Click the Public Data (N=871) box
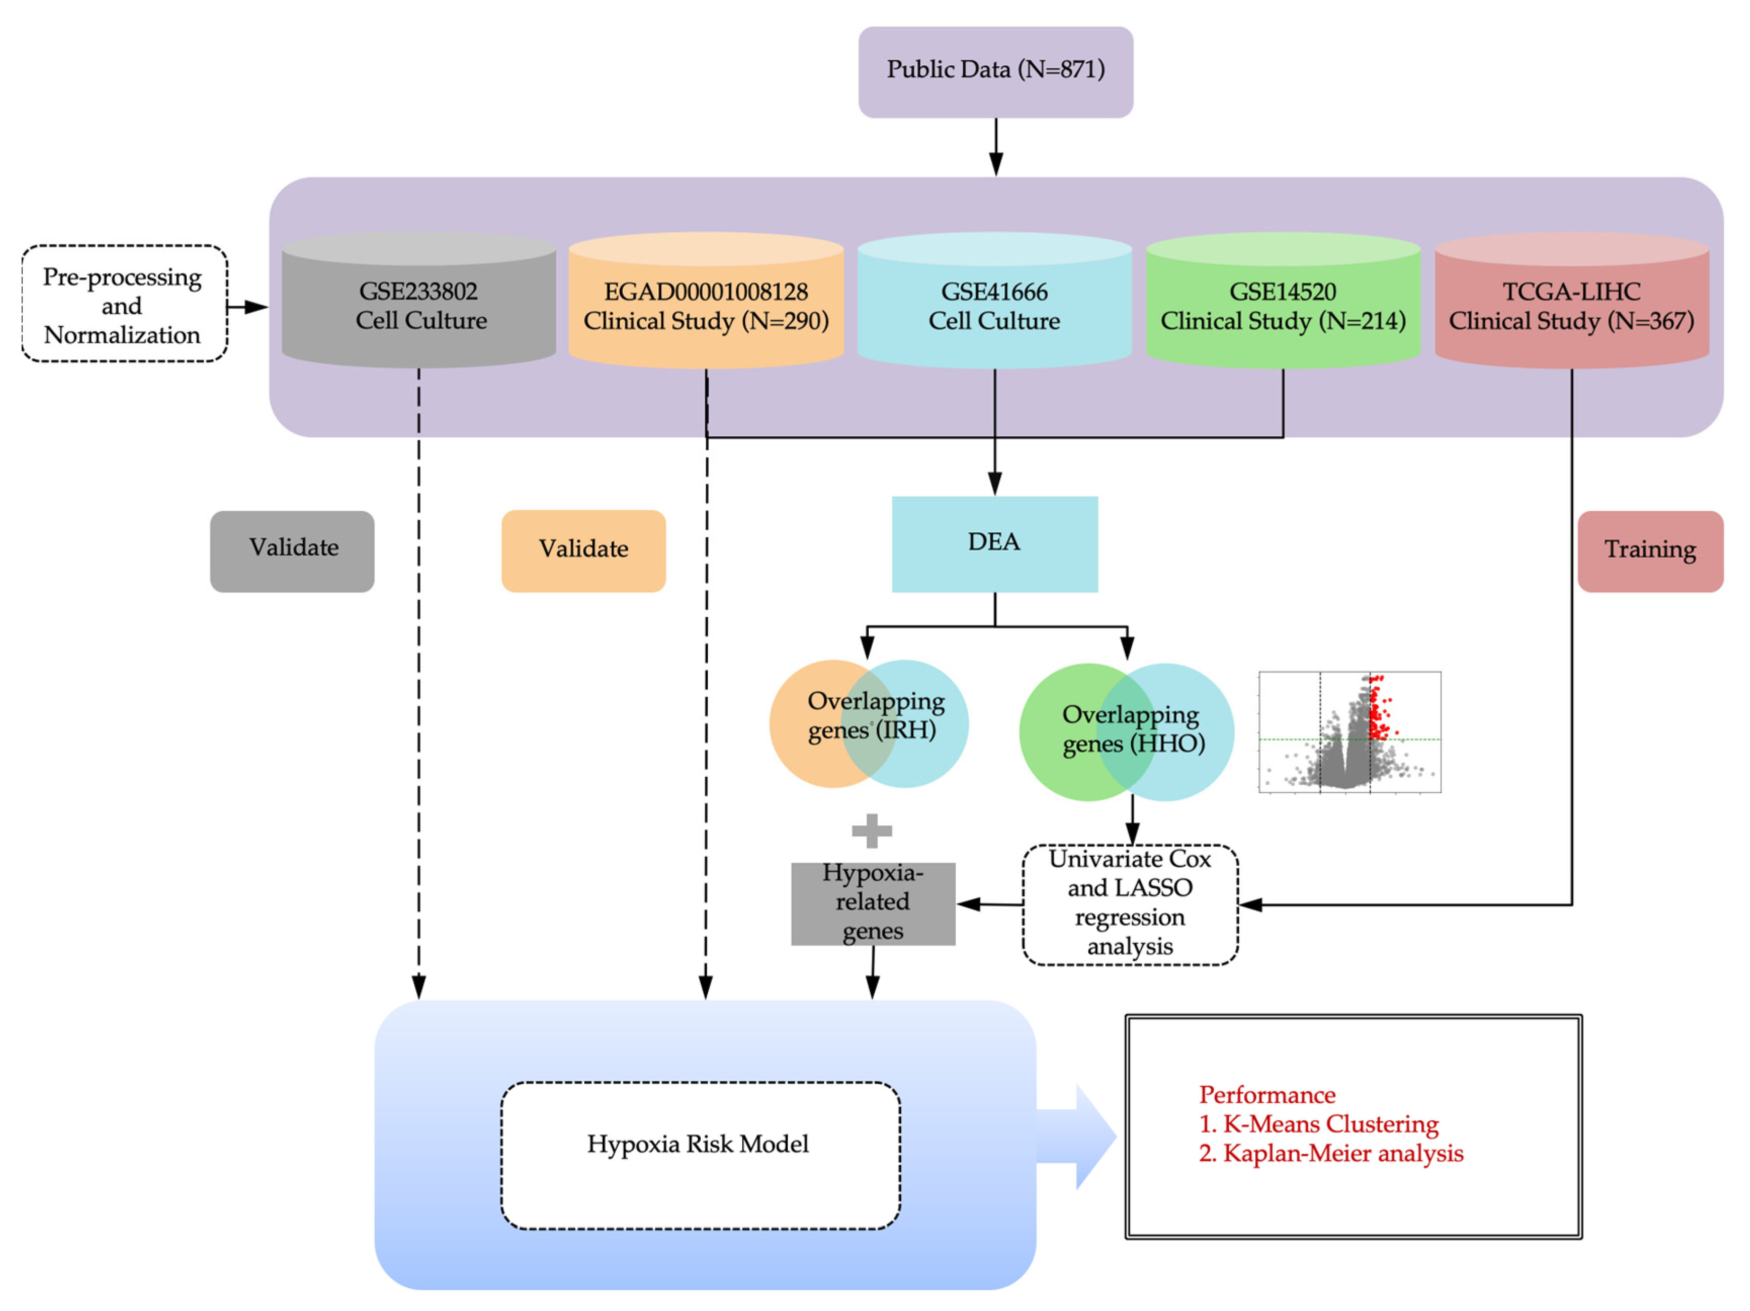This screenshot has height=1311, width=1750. pos(995,71)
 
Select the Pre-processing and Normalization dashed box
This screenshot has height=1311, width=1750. pos(124,305)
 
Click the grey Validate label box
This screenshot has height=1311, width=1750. pos(292,551)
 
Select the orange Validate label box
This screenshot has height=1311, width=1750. pos(583,551)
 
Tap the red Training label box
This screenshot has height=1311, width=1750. pos(1649,551)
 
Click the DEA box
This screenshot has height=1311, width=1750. pos(995,543)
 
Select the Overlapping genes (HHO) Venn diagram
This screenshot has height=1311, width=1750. pos(1126,731)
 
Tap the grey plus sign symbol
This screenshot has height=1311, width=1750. pos(872,831)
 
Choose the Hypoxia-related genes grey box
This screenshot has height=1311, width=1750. pos(873,903)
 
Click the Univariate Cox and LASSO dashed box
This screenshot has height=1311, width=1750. pos(1130,904)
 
